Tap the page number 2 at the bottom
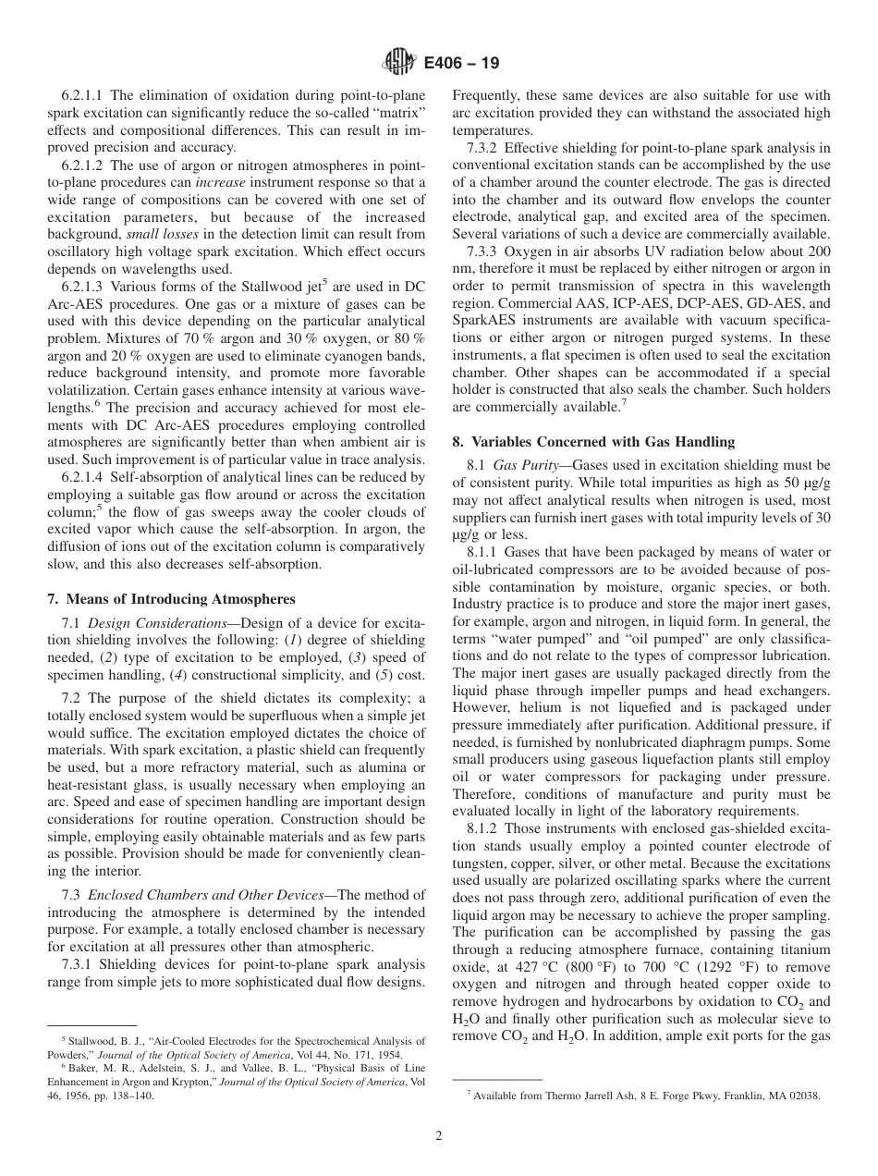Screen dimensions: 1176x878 click(x=439, y=1135)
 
